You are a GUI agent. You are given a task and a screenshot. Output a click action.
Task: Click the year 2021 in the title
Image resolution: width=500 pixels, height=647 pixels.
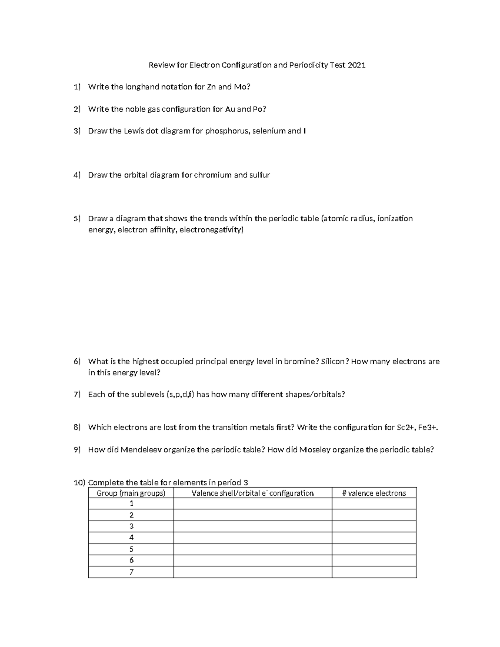tap(357, 65)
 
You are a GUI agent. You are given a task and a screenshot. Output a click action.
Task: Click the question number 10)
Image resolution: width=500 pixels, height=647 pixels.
tap(79, 483)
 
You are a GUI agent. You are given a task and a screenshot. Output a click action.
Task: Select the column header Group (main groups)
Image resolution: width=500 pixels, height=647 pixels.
tap(131, 493)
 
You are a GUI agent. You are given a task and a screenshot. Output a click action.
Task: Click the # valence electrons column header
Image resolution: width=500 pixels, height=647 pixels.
tap(374, 493)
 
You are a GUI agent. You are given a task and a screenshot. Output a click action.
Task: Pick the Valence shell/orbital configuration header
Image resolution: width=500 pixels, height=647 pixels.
tap(252, 493)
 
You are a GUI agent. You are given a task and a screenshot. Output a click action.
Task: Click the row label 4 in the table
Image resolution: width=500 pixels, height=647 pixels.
tap(131, 537)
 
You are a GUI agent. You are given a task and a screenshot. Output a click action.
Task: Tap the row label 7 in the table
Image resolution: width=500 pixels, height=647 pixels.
tap(131, 572)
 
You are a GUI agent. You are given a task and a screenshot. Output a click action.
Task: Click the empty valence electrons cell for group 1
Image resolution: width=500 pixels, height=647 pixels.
tap(374, 504)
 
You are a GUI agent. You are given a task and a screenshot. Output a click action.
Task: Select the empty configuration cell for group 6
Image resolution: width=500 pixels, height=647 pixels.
tap(252, 560)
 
